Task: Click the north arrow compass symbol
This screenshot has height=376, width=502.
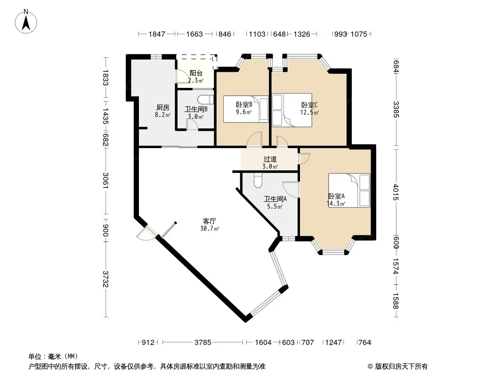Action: pos(26,22)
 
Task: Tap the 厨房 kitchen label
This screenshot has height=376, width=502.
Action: pos(162,107)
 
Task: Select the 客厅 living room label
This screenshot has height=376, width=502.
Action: pos(210,221)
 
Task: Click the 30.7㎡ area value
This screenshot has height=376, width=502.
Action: pos(210,229)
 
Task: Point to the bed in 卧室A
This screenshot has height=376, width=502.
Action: pos(349,190)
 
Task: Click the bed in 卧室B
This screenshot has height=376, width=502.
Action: pos(245,109)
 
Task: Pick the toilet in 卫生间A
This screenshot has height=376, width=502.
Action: pos(258,180)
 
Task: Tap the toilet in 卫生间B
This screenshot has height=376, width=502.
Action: pos(205,99)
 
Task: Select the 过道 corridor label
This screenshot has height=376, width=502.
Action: pos(270,159)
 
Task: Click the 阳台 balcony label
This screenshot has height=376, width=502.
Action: pos(195,73)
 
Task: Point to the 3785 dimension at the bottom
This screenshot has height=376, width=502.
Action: pos(202,343)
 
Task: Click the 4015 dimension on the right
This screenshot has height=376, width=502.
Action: pos(396,192)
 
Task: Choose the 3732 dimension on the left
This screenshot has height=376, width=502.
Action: pos(105,279)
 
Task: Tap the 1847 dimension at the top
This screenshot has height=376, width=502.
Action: pos(156,34)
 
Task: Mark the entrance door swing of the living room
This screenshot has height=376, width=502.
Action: pos(146,233)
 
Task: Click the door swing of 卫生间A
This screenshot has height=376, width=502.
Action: pos(291,189)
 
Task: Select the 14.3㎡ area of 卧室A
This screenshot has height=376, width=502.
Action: pos(336,204)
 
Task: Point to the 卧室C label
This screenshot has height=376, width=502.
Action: pos(309,105)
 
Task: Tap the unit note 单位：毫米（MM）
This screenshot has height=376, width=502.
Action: pos(53,357)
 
